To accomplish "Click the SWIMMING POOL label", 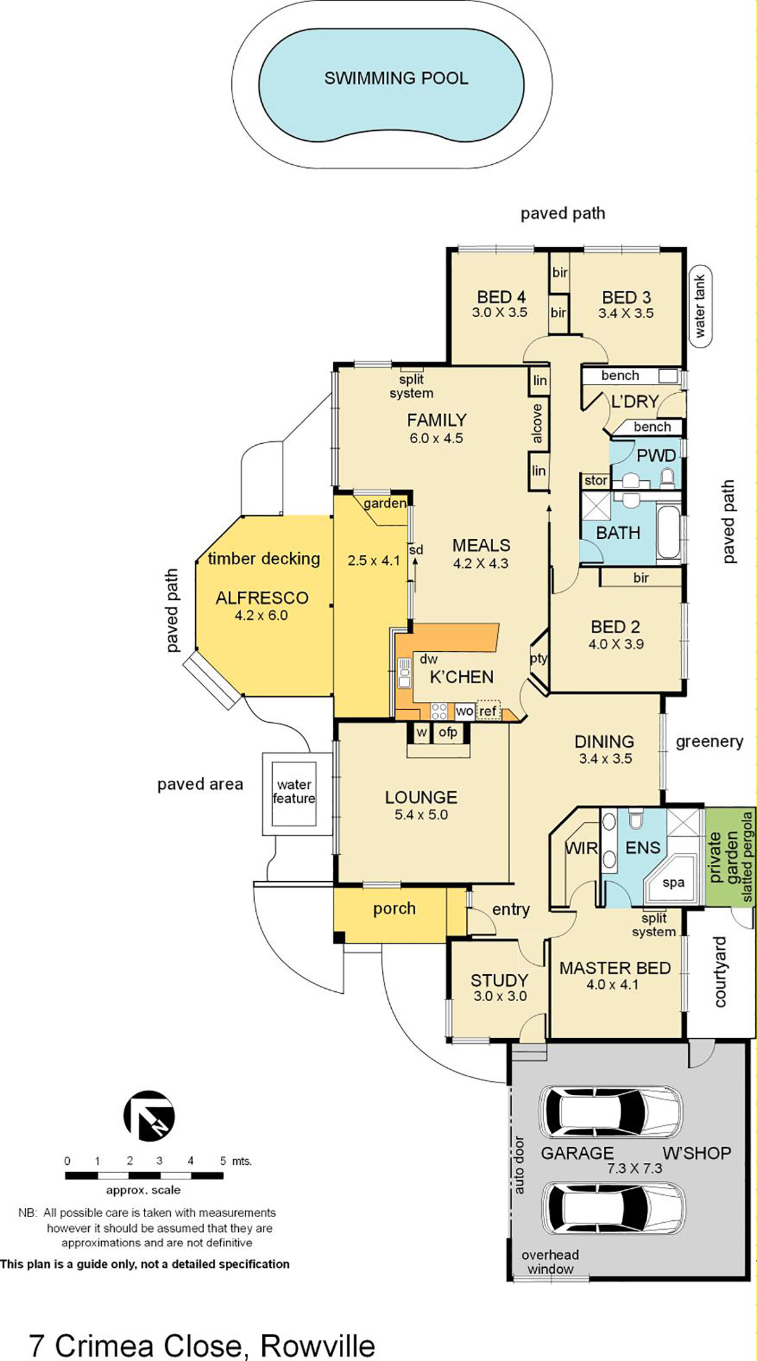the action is coord(396,78).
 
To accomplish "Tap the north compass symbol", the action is coord(149,1115).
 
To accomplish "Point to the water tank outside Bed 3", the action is coord(700,307).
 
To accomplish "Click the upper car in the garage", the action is coord(611,1110).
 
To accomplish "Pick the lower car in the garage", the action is coord(613,1209).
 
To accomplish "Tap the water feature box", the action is coord(294,793).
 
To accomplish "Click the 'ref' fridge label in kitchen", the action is coord(488,711).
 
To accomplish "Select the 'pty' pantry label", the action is coord(539,659).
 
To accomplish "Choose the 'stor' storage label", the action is coord(595,480).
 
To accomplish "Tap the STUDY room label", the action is coord(499,980).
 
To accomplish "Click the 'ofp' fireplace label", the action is coord(448,733).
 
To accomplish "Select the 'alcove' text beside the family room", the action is coord(537,423).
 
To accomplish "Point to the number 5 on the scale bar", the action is coord(223,1161).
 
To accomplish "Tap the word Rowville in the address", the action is coord(318,1345).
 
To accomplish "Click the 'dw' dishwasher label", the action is coord(429,659).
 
